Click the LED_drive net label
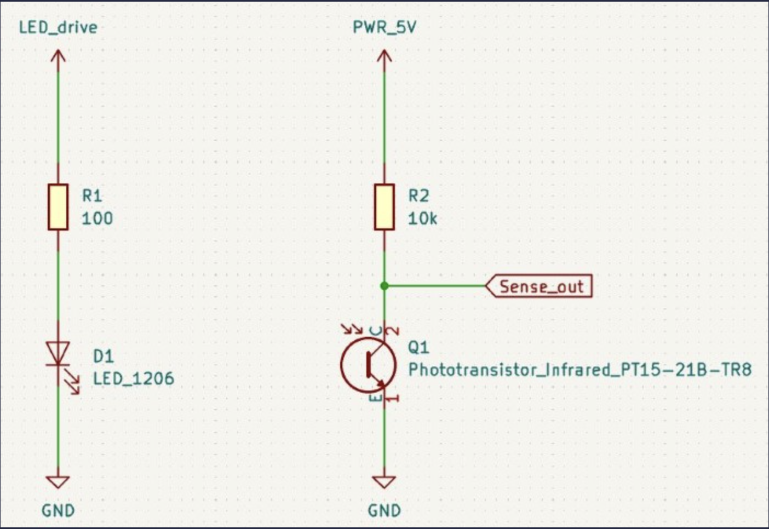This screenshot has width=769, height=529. coord(58,27)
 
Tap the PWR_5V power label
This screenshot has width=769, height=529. coord(384,27)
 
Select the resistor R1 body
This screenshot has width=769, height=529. coord(58,207)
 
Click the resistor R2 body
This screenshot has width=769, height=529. coord(384,207)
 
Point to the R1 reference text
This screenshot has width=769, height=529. coord(92,196)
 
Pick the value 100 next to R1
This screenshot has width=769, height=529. coord(97,219)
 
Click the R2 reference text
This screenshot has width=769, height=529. coord(418,196)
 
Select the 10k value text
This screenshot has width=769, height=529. coord(422,219)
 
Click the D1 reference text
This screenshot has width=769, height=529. coord(103,357)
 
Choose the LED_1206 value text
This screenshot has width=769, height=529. coord(133,378)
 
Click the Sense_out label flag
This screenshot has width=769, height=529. coord(540,286)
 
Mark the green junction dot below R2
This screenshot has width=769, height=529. coord(384,286)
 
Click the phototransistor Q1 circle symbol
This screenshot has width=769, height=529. coord(368,365)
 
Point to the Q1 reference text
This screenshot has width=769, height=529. coord(418,347)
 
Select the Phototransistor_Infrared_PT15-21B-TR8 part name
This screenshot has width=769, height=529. coord(579,370)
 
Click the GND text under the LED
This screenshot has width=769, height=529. coord(58,510)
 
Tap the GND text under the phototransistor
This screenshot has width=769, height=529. coord(384,510)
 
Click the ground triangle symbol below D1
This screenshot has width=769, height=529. coord(58,482)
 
